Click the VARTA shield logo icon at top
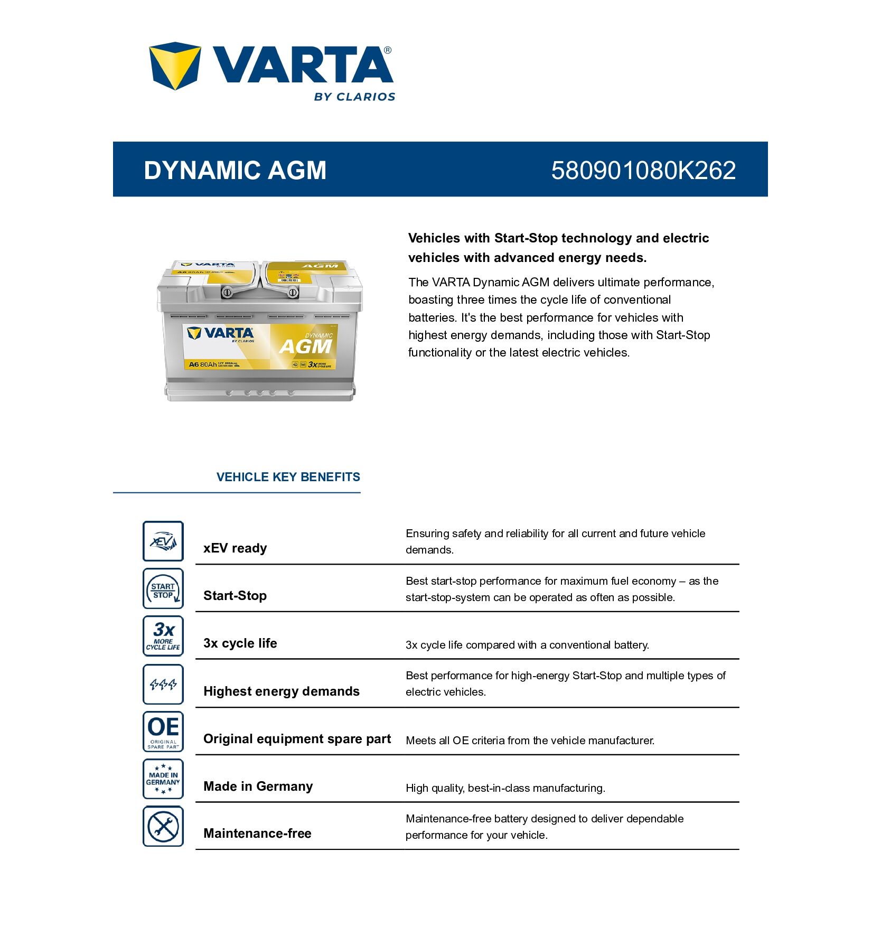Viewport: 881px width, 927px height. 174,65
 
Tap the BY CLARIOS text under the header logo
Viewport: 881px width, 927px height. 354,97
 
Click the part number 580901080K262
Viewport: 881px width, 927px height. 643,170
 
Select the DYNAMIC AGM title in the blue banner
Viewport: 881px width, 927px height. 235,170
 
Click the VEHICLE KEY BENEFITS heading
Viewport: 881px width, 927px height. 288,477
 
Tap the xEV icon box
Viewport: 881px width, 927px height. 163,541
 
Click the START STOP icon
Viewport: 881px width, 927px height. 163,588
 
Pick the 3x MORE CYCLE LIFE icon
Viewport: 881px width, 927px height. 163,636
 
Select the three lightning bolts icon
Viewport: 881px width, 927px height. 163,684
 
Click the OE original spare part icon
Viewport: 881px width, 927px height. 163,732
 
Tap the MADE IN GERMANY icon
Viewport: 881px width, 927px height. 163,779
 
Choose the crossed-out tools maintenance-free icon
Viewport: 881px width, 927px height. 163,826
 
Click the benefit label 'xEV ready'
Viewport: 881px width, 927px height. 235,548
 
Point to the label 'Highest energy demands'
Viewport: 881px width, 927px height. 281,691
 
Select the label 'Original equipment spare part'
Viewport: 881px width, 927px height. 297,739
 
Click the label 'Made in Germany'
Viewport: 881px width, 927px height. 258,786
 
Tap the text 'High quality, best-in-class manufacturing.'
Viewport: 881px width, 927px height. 505,788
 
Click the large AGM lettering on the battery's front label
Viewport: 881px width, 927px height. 305,347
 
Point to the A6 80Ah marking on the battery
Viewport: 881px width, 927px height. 203,364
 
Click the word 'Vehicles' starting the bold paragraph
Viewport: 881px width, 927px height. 434,238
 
